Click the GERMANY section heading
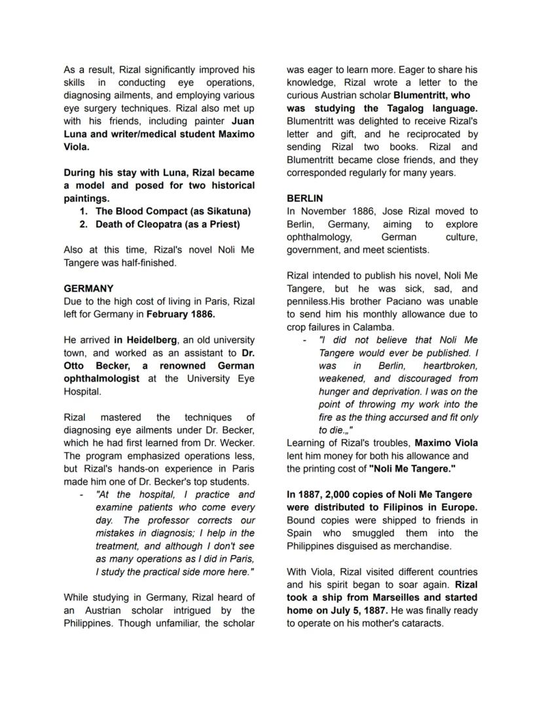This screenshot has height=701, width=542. [88, 288]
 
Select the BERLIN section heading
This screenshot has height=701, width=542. [304, 198]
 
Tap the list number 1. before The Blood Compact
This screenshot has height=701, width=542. [83, 211]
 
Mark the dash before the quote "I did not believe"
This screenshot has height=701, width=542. [304, 340]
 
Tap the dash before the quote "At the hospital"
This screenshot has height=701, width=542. [81, 494]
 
